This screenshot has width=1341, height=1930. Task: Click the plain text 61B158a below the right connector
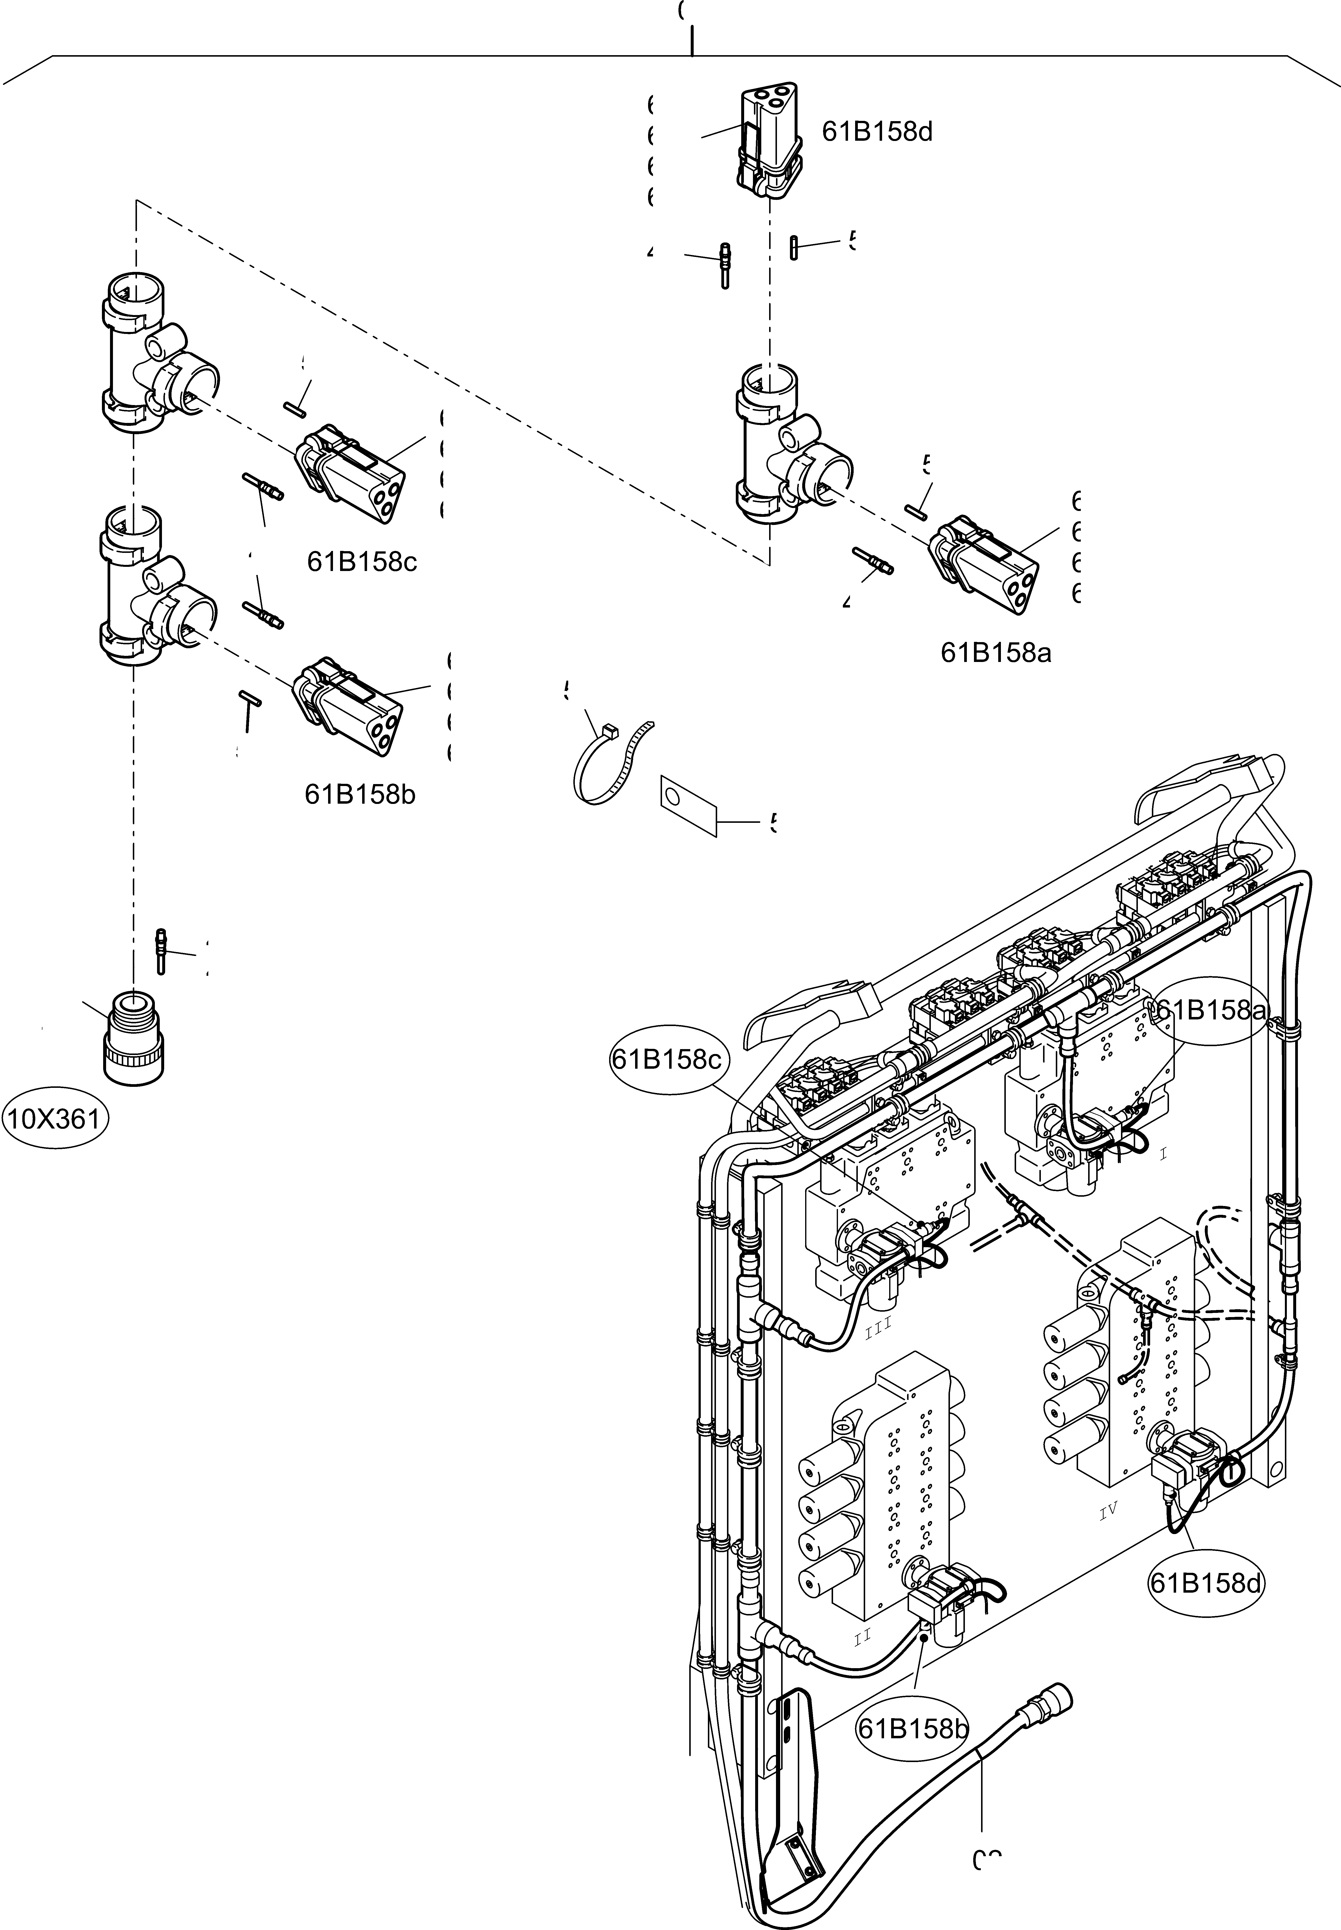coord(996,652)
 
